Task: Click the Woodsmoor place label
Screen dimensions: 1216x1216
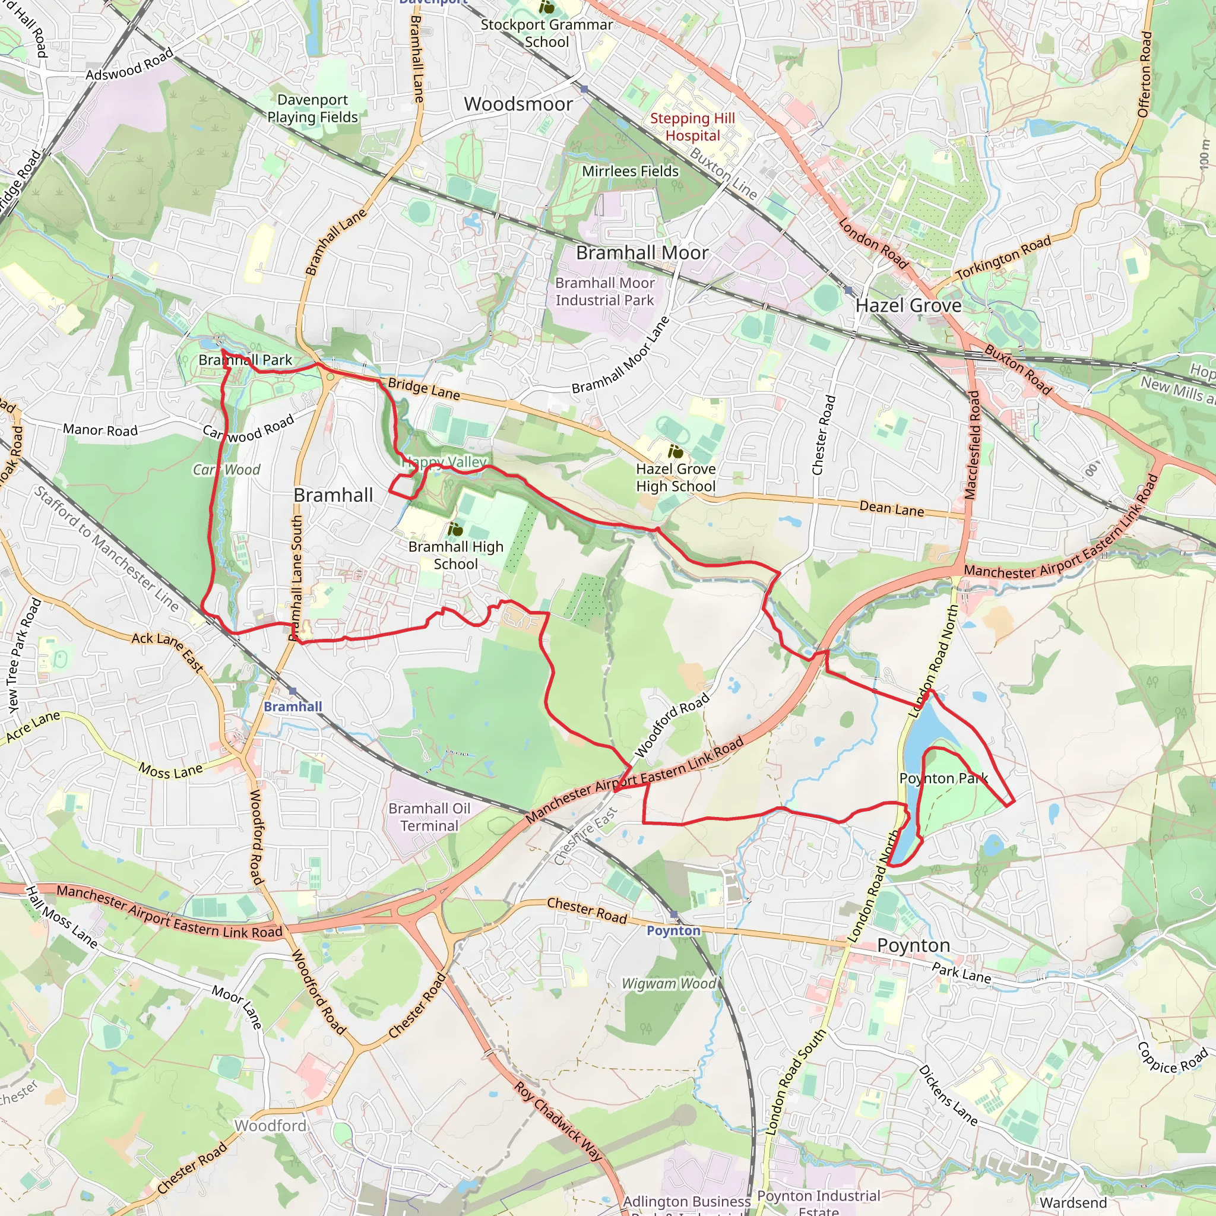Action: pyautogui.click(x=518, y=104)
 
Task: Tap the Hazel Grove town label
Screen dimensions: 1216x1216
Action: pyautogui.click(x=908, y=306)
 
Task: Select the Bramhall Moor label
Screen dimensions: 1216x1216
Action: pyautogui.click(x=642, y=253)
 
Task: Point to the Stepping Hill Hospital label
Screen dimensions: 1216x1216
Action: pyautogui.click(x=692, y=127)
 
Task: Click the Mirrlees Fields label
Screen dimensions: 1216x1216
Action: pyautogui.click(x=630, y=171)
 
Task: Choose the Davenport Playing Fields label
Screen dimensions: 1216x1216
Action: pyautogui.click(x=312, y=108)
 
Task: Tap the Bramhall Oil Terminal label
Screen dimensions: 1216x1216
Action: pyautogui.click(x=429, y=817)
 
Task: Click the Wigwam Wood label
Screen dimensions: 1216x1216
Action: pyautogui.click(x=669, y=984)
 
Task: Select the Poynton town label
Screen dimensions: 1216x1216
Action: pyautogui.click(x=913, y=945)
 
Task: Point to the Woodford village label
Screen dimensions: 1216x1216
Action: pyautogui.click(x=271, y=1125)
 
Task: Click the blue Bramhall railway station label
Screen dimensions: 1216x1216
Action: pyautogui.click(x=293, y=707)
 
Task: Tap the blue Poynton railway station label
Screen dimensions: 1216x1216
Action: pyautogui.click(x=673, y=931)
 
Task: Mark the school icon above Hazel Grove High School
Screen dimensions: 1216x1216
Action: pyautogui.click(x=675, y=451)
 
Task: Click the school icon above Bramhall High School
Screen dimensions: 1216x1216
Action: pyautogui.click(x=455, y=529)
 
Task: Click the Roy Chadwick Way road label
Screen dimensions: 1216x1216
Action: pyautogui.click(x=558, y=1121)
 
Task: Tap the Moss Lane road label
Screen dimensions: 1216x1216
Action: pyautogui.click(x=170, y=770)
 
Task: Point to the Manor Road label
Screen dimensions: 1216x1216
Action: pyautogui.click(x=100, y=430)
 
